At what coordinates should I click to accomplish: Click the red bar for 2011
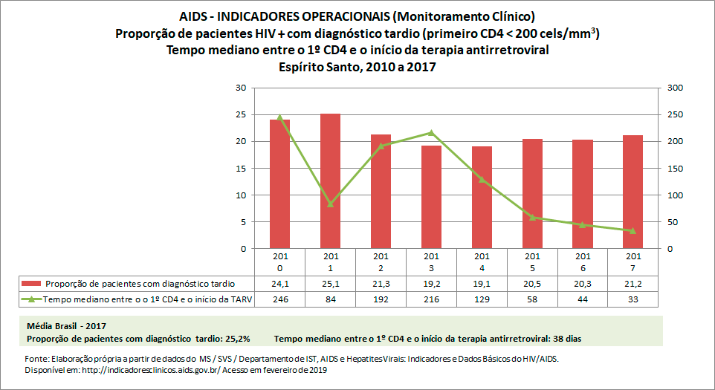click(330, 181)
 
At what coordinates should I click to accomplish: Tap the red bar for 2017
click(632, 192)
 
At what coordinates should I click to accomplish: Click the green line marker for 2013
click(431, 133)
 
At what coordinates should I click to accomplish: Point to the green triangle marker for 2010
click(279, 117)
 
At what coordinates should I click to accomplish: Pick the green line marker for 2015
click(532, 217)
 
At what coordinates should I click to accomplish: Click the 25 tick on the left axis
click(240, 114)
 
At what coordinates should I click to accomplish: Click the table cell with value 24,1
click(279, 284)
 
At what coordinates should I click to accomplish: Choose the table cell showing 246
click(279, 299)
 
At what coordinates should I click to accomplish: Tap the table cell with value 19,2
click(431, 284)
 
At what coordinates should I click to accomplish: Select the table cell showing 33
click(632, 299)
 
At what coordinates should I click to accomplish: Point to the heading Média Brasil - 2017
click(67, 326)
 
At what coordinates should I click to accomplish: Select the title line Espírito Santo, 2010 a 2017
click(357, 66)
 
